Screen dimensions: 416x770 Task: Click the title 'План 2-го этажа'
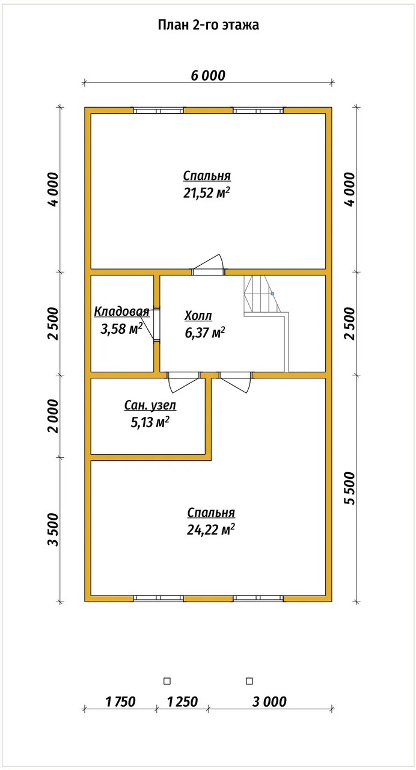[x=208, y=25]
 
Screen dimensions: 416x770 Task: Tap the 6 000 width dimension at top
[x=208, y=75]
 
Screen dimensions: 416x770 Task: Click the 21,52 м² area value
[x=206, y=193]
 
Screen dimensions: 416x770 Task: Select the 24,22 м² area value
[x=211, y=530]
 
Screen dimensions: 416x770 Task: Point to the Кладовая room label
[x=121, y=312]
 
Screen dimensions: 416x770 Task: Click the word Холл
[x=198, y=316]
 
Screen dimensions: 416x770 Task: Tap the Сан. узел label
[x=150, y=405]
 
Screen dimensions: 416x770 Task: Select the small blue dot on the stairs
[x=272, y=294]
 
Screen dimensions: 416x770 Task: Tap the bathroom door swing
[x=183, y=381]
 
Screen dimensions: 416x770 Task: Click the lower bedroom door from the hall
[x=235, y=381]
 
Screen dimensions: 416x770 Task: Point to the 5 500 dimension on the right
[x=349, y=488]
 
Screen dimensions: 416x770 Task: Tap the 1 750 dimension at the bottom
[x=121, y=701]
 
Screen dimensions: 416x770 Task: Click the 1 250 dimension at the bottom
[x=182, y=701]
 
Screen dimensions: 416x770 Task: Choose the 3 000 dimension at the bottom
[x=269, y=701]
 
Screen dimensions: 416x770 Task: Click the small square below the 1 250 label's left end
[x=167, y=681]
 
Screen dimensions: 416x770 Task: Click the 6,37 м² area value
[x=205, y=333]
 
